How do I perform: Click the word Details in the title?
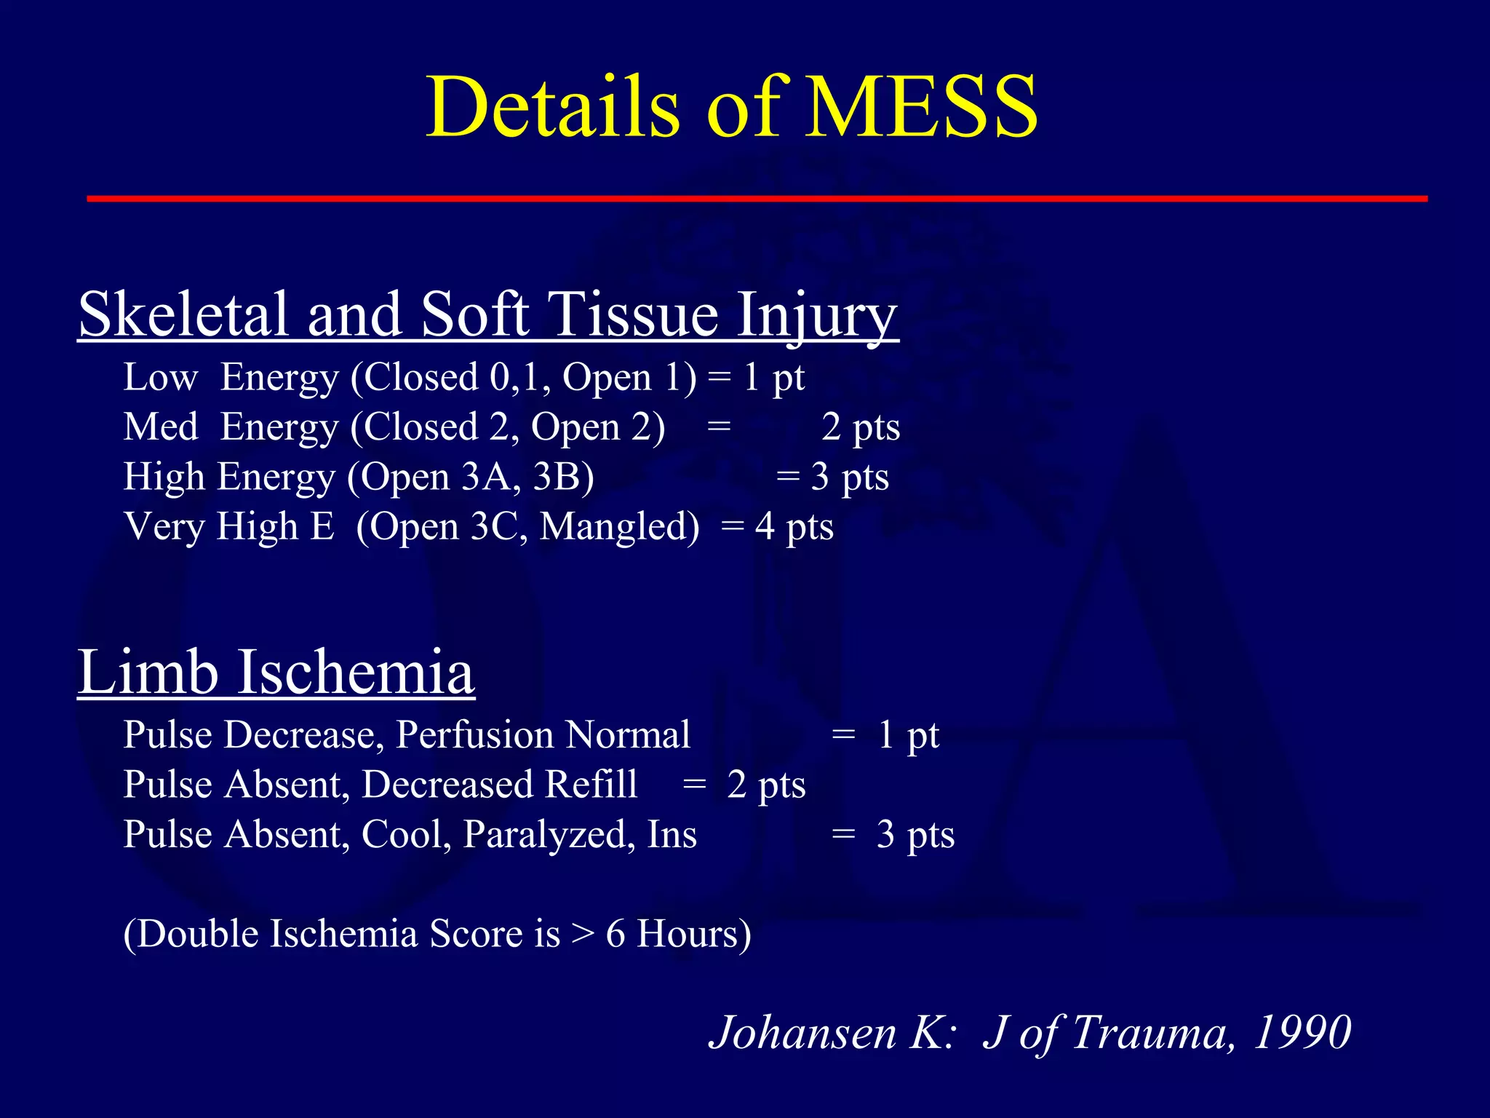click(x=552, y=108)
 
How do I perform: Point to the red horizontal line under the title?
click(x=757, y=198)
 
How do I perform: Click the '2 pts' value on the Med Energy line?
click(x=861, y=427)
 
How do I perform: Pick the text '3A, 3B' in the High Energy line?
click(x=522, y=477)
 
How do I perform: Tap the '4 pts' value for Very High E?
click(x=794, y=527)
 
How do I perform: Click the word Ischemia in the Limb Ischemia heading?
click(x=356, y=672)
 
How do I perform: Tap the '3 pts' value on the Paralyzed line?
click(x=915, y=835)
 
